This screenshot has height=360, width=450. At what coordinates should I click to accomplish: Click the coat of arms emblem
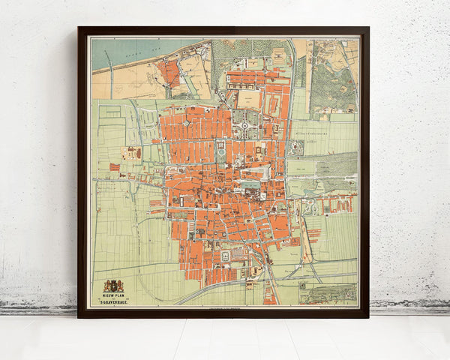tap(113, 286)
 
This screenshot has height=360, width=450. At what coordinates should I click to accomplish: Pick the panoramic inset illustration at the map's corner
tap(328, 293)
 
